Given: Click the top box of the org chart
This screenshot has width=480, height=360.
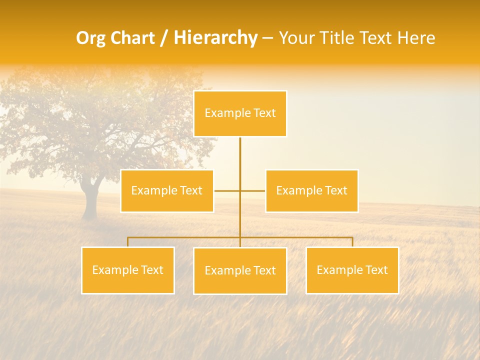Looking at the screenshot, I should pos(240,113).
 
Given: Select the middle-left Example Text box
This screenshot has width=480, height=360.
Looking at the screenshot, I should pos(167,191).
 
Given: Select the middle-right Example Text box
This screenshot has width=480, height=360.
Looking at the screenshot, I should pos(311,191).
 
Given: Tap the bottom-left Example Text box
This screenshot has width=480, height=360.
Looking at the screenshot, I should pos(128,270).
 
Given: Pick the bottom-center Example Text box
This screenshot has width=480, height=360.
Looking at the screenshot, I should pos(240,271).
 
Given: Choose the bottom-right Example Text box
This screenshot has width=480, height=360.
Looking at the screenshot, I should pos(352,270).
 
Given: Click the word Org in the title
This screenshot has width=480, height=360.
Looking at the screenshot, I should pos(90,38).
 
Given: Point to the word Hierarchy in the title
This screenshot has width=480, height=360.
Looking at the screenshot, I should pos(215,38).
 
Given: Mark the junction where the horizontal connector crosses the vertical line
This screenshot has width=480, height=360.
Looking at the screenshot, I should pos(240,190).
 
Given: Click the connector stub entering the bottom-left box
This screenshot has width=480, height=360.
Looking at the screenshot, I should pos(128,242).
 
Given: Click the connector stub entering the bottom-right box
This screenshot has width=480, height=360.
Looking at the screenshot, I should pos(352,242).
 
